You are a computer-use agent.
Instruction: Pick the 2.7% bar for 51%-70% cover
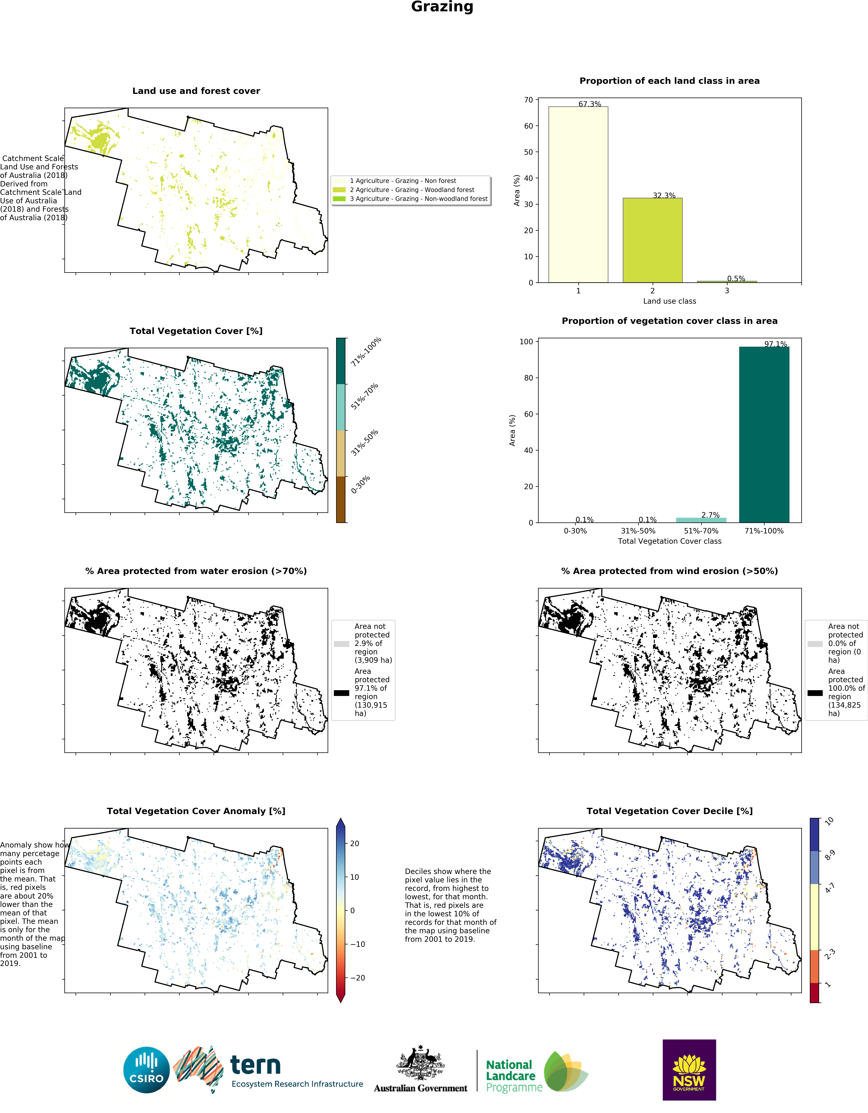701,520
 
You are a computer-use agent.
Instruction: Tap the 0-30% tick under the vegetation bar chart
575,531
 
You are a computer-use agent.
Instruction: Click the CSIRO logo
147,1070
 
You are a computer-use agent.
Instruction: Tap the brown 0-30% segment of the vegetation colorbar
341,499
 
